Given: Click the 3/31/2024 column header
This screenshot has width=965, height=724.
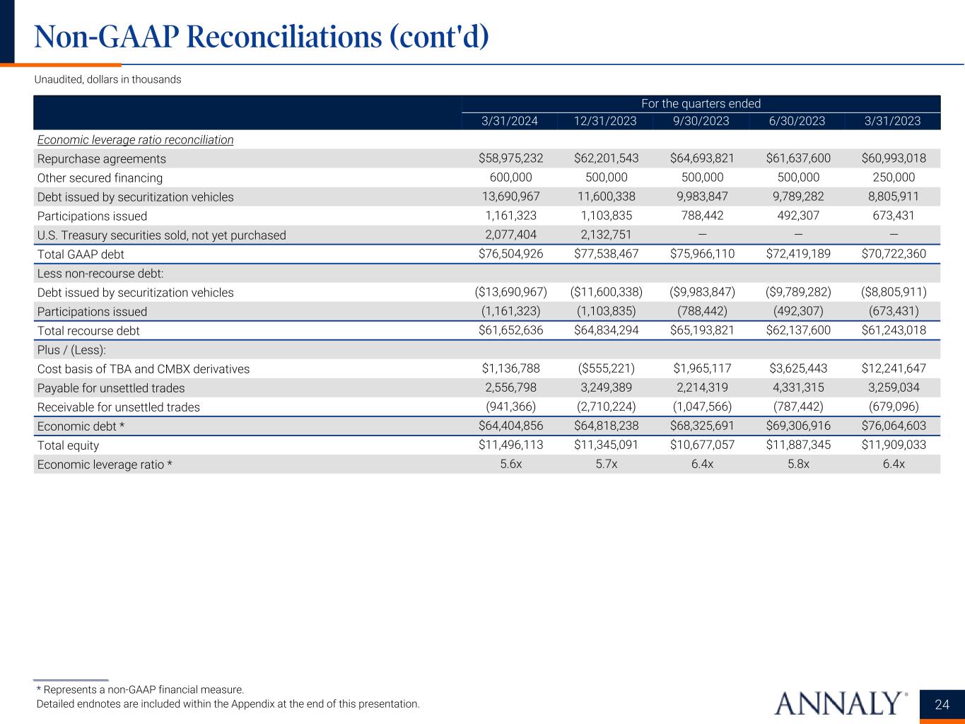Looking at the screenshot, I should click(x=510, y=121).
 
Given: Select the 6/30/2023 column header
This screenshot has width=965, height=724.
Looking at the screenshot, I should click(x=797, y=121).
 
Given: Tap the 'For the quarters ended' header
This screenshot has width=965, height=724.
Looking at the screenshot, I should click(x=701, y=104).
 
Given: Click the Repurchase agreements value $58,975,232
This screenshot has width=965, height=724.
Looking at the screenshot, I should click(x=511, y=158).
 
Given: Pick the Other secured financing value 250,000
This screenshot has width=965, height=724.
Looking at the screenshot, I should click(x=894, y=177).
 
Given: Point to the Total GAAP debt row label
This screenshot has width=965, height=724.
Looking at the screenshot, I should click(x=81, y=255).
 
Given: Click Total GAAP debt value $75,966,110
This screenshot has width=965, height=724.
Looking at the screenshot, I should click(x=702, y=254).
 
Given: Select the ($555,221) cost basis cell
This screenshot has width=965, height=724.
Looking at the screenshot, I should click(x=606, y=368).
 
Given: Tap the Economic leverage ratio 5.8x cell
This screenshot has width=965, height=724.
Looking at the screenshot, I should click(x=797, y=465).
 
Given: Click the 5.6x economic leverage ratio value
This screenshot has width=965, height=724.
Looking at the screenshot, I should click(x=510, y=465).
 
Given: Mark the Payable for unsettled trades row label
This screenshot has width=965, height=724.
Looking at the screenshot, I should click(x=111, y=388).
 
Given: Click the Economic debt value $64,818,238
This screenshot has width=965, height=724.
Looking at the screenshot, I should click(x=606, y=426).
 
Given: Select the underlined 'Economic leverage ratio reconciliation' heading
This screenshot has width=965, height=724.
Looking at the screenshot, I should click(x=135, y=140).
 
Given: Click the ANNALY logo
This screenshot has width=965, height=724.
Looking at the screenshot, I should click(x=841, y=703).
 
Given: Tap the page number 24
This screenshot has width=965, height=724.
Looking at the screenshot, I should click(x=942, y=704).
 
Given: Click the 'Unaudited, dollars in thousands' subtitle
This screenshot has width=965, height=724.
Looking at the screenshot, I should click(x=107, y=80).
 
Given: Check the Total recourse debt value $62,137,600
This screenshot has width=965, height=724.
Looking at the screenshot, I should click(x=798, y=330).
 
